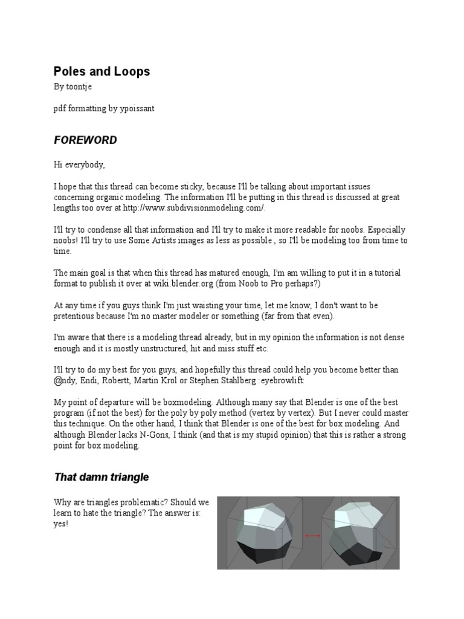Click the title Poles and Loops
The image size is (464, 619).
(x=101, y=71)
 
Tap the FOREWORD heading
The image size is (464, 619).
(x=85, y=140)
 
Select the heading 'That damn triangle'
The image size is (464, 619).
(x=101, y=478)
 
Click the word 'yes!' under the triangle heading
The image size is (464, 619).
(x=61, y=523)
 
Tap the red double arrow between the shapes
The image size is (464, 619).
(x=312, y=535)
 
